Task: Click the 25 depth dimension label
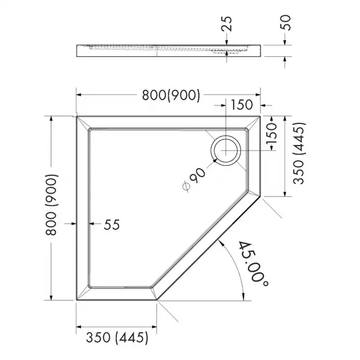coord(227,24)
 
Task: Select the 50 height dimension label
coord(286,23)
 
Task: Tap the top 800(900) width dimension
coord(171,95)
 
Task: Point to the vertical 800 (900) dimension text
coord(51,205)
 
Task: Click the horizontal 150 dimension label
coord(241,105)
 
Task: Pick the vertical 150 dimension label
coord(272,133)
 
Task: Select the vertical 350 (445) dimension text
coord(299,153)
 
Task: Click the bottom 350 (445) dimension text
coord(117,338)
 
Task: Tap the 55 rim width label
coord(112,225)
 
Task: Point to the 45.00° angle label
coord(253,264)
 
